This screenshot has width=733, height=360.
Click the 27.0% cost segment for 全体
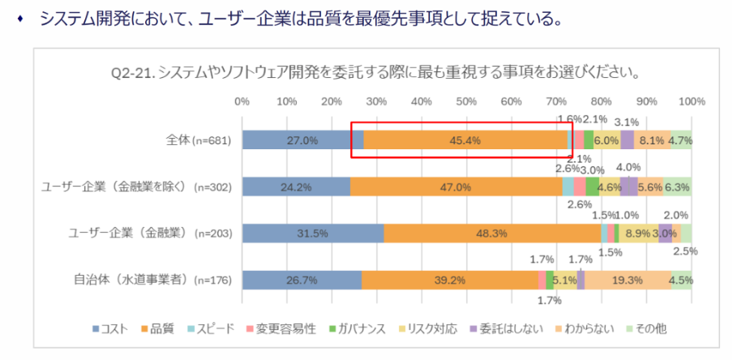[x=302, y=140]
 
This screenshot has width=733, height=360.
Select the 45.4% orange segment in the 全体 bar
[x=465, y=140]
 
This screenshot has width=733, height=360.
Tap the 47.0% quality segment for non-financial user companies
[x=456, y=186]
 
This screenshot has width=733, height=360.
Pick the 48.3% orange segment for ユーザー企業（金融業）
[x=491, y=233]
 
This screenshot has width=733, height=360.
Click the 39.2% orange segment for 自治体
[x=449, y=280]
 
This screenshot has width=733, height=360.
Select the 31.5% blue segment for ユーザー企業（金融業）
[x=312, y=233]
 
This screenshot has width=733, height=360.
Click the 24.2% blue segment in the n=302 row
[x=295, y=186]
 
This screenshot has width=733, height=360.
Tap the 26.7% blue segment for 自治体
[x=301, y=280]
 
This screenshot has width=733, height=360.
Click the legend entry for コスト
[x=114, y=328]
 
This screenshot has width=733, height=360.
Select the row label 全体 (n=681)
[x=194, y=140]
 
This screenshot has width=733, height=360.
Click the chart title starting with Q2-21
[x=375, y=71]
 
